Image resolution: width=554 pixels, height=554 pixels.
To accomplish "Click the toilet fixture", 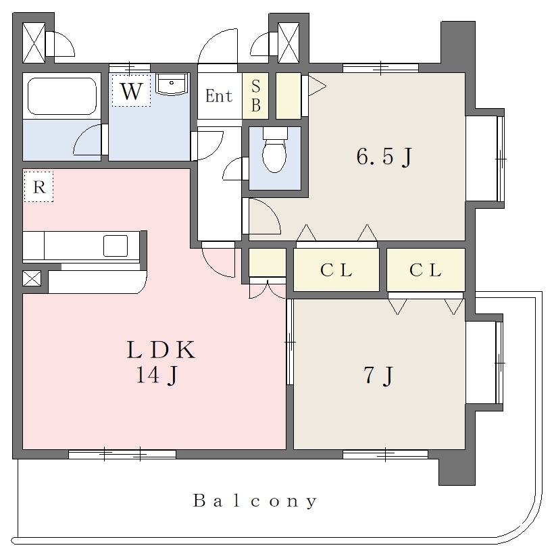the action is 275,149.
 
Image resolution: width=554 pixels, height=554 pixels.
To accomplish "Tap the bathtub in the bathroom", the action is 62,96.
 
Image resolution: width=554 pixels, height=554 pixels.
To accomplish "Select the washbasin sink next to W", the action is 172,84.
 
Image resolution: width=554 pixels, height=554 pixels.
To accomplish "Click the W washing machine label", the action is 132,91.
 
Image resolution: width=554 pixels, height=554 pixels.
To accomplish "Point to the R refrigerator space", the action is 39,187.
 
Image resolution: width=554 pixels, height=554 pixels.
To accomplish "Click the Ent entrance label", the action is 219,96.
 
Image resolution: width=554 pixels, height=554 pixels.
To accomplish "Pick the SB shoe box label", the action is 256,96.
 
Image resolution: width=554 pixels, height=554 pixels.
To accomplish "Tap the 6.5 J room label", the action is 384,157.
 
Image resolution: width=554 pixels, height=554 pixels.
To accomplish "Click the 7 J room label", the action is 378,375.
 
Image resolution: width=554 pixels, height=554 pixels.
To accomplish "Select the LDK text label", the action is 161,350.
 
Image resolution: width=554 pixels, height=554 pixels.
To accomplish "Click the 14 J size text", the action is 157,374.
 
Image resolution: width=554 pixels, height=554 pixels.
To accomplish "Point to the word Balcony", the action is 255,501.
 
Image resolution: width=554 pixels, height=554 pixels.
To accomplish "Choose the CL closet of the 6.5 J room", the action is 336,270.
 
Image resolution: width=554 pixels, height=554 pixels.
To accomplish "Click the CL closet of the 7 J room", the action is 426,270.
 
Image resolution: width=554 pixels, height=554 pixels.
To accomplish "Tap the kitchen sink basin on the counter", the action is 116,246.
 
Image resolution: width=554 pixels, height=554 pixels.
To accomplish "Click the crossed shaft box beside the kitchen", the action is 32,278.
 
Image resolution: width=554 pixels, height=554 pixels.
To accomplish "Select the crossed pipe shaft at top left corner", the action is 34,43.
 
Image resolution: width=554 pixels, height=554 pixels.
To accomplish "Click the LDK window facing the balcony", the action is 122,455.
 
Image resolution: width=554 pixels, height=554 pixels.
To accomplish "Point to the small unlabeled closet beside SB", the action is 288,96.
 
